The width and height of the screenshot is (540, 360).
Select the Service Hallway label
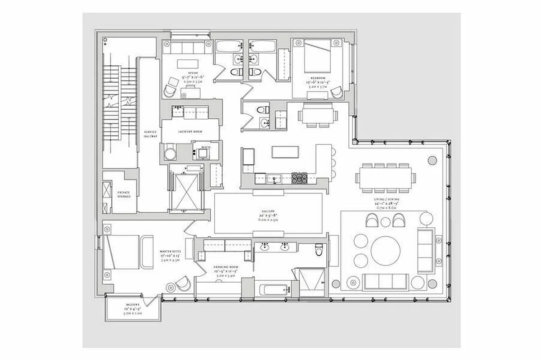pos(150,135)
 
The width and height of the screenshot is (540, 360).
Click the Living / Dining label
pos(386,199)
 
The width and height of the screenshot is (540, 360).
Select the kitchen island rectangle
pos(285,152)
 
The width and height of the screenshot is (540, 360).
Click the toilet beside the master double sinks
pos(319,249)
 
